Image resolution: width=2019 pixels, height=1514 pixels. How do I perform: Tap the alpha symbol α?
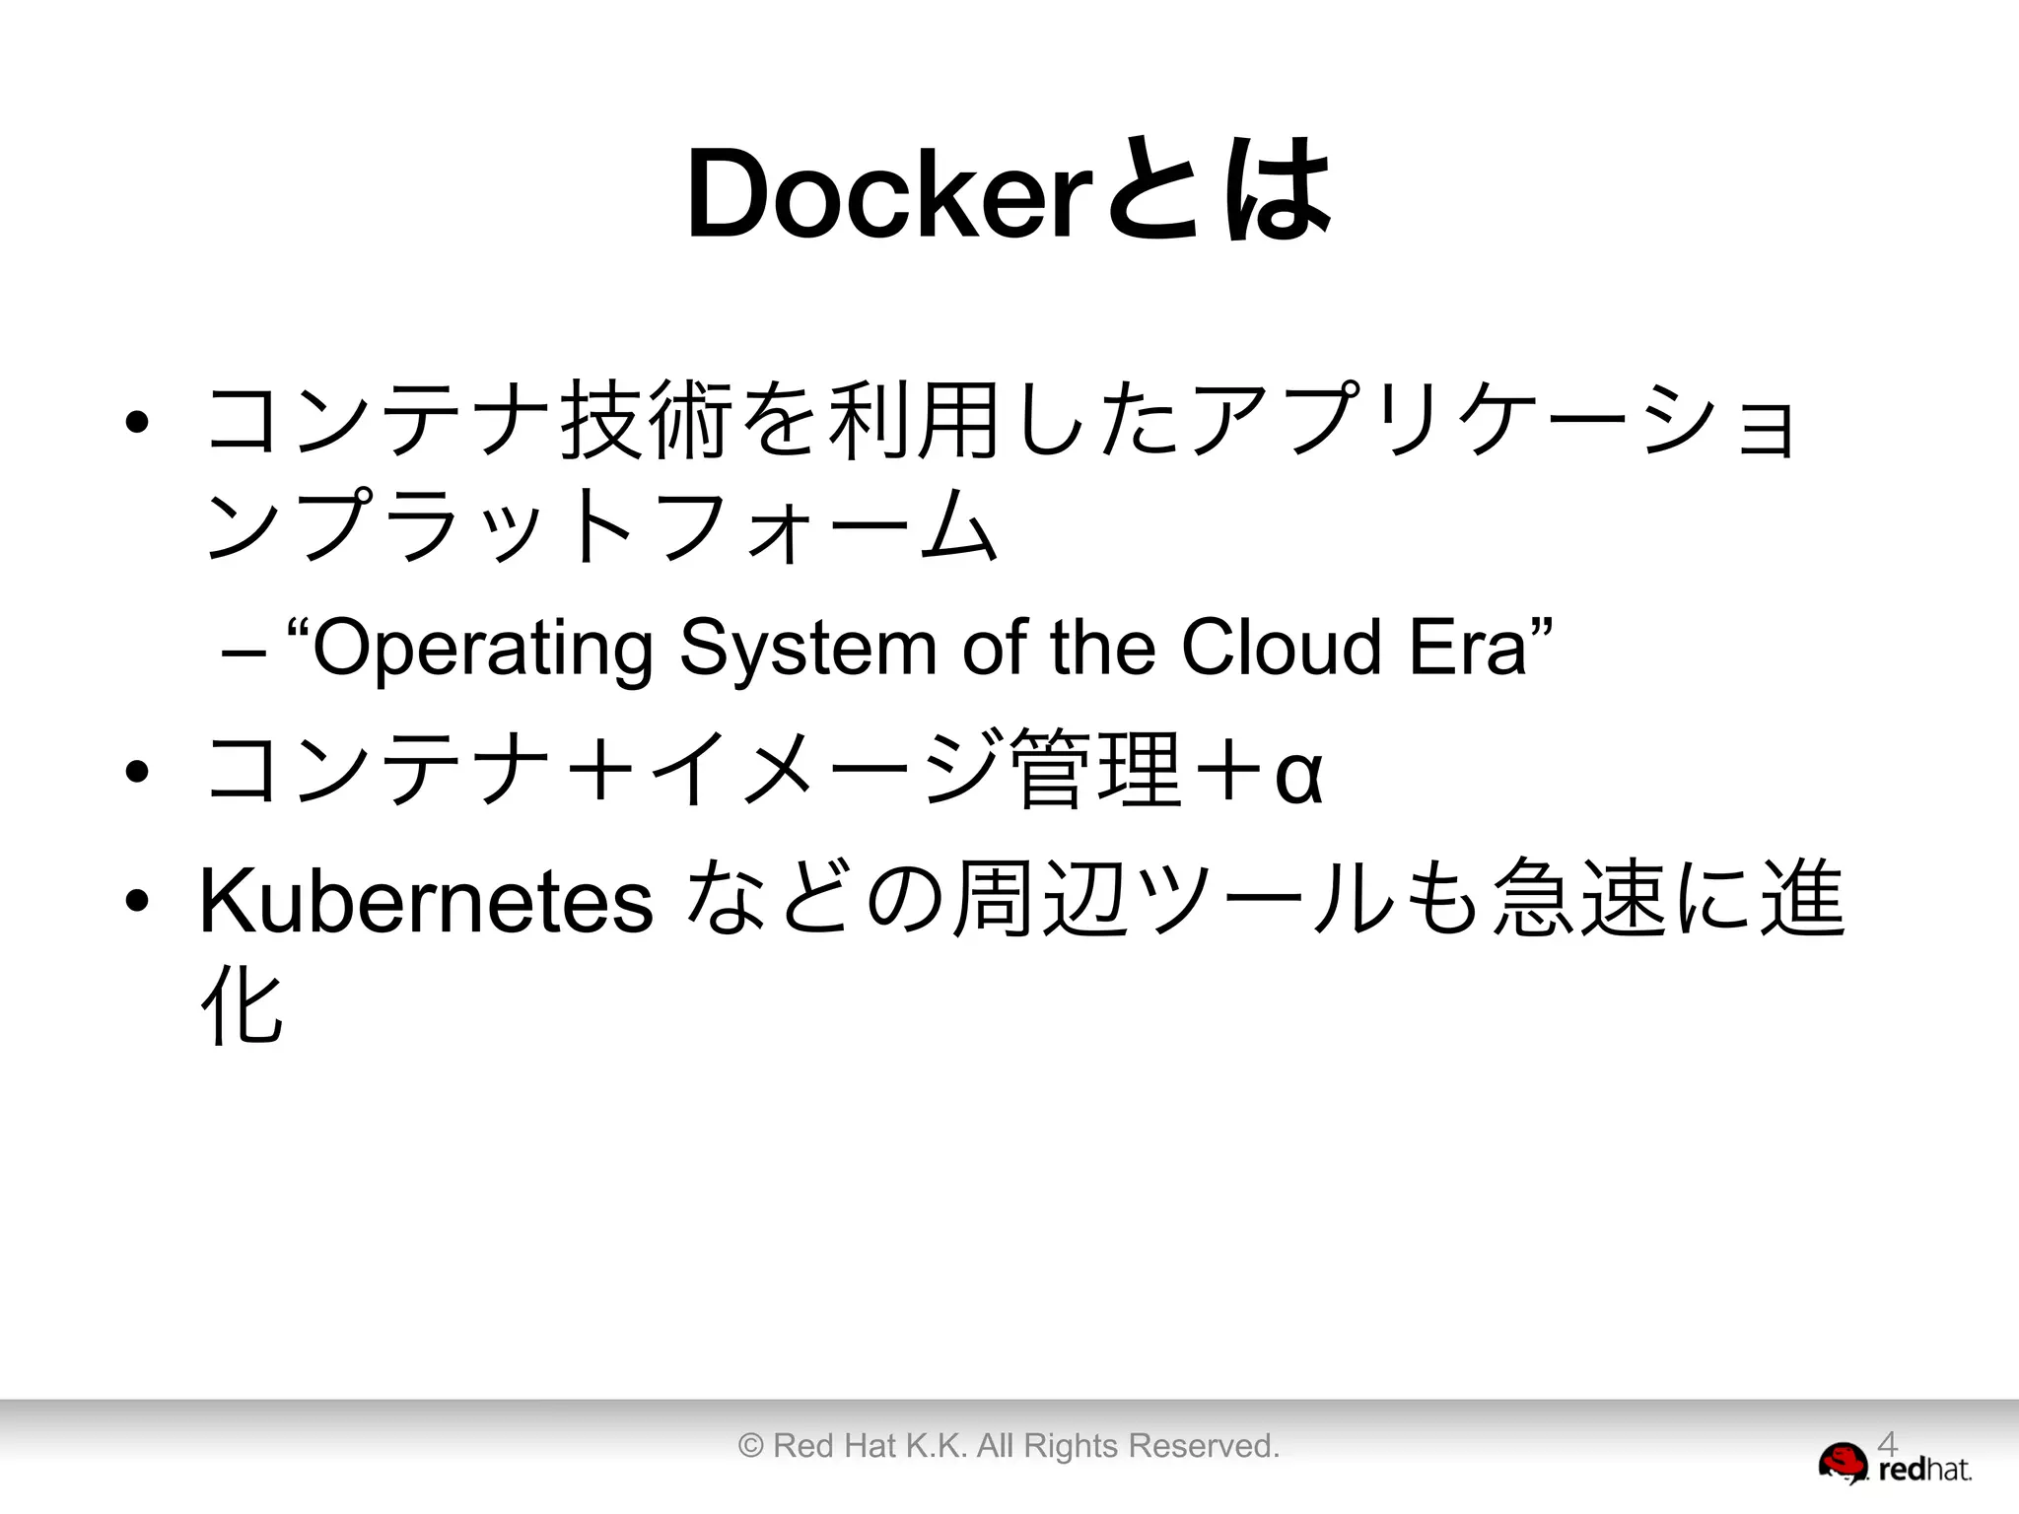coord(1298,774)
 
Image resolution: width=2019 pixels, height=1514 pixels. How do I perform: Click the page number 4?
coord(1886,1444)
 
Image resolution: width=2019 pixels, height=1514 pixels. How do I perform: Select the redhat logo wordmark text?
coord(1924,1471)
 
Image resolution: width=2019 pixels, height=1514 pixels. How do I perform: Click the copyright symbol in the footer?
coord(750,1446)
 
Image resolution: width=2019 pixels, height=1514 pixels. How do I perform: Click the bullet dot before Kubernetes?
coord(137,900)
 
